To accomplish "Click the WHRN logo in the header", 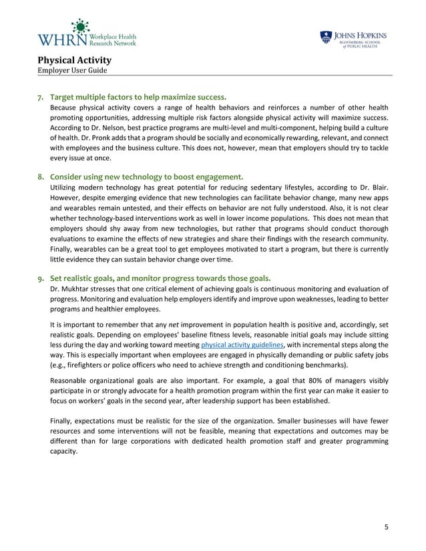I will pos(86,35).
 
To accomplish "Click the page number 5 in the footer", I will pos(385,528).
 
